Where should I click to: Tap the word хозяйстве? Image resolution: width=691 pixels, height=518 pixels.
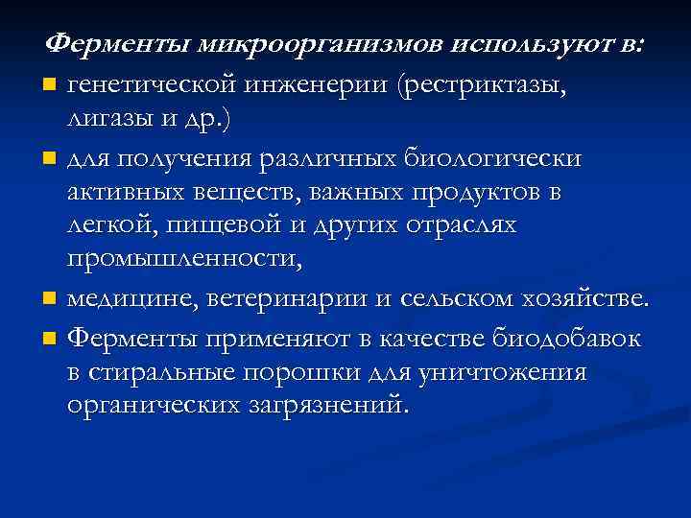point(569,298)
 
